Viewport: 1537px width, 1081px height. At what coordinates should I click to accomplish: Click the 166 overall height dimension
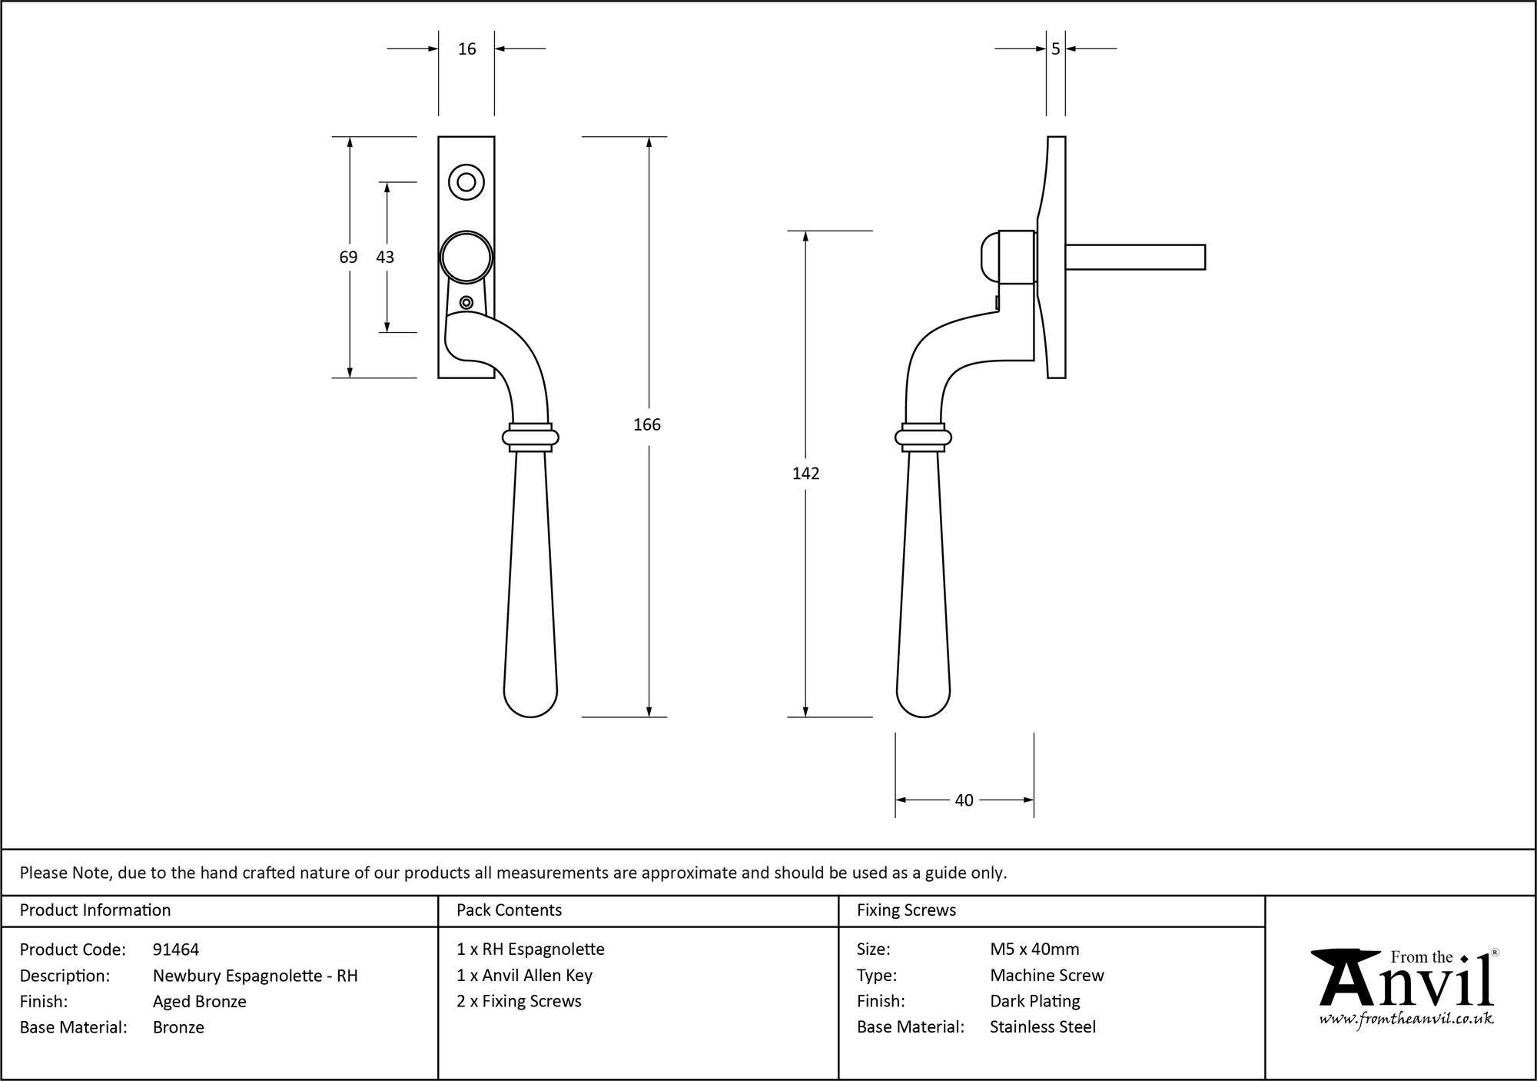tap(646, 424)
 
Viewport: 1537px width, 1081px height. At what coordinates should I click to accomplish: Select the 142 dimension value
tap(805, 474)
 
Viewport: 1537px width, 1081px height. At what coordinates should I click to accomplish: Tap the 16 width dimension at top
tap(466, 49)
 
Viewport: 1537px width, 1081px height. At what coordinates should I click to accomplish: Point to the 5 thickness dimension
tap(1055, 49)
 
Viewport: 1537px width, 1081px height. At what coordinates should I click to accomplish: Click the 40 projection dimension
tap(964, 800)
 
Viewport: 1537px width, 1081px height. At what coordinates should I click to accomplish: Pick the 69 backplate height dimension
tap(348, 257)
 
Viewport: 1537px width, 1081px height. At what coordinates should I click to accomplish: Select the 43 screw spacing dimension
tap(385, 257)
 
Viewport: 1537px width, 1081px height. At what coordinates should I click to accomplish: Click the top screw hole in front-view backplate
tap(466, 182)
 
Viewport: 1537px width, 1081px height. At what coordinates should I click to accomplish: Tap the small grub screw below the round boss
tap(466, 302)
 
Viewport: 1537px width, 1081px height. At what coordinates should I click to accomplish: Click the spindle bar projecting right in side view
tap(1134, 257)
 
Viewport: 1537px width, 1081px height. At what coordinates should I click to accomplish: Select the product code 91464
tap(176, 950)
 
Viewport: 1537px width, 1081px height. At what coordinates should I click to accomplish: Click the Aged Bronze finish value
tap(199, 1001)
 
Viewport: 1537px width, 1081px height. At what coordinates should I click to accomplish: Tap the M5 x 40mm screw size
tap(1034, 950)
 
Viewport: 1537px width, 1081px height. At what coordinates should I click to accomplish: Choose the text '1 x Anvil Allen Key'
tap(524, 976)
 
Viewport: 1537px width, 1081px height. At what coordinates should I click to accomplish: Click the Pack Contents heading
tap(509, 910)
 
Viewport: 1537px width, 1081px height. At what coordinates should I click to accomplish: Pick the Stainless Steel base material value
tap(1043, 1026)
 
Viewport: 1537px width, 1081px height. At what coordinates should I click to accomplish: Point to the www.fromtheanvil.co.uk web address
tap(1406, 1019)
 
